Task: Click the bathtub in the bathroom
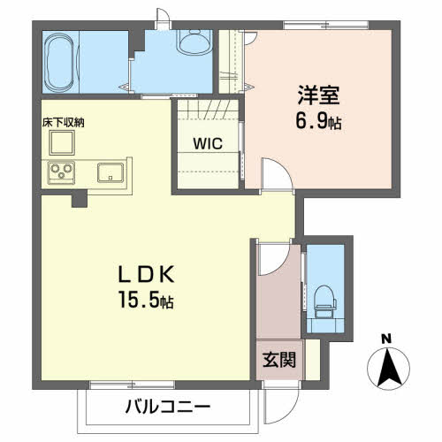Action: (60, 63)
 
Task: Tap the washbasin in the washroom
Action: (194, 42)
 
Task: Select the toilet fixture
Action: (325, 301)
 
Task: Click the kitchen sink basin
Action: (110, 172)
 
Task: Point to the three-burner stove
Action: (61, 172)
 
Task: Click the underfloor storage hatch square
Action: (62, 142)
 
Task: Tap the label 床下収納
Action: (63, 123)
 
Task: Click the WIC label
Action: (208, 143)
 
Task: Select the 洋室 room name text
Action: (318, 95)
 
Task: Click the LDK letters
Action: (146, 274)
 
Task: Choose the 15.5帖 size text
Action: (146, 299)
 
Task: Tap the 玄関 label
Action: (279, 360)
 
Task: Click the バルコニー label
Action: (168, 407)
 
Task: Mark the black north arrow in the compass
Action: (389, 367)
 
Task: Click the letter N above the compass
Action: (386, 339)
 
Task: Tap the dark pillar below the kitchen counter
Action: (80, 199)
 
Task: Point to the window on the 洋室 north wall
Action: (326, 26)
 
